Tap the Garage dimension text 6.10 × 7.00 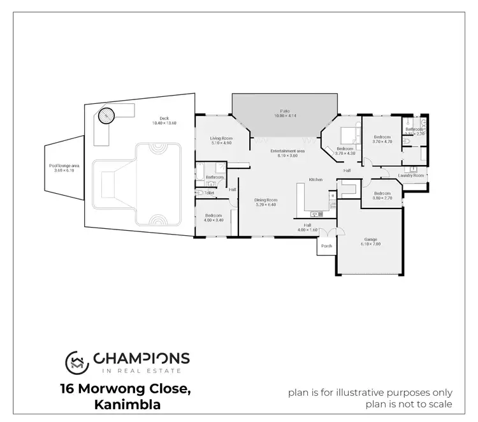(x=371, y=244)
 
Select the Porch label (x=326, y=245)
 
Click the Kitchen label (x=316, y=180)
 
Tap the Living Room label (x=221, y=138)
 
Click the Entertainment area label (x=287, y=151)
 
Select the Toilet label (x=209, y=193)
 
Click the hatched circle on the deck (x=105, y=116)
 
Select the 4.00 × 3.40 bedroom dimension (x=214, y=220)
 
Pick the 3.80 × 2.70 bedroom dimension (x=382, y=198)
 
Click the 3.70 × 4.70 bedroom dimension (x=382, y=142)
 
